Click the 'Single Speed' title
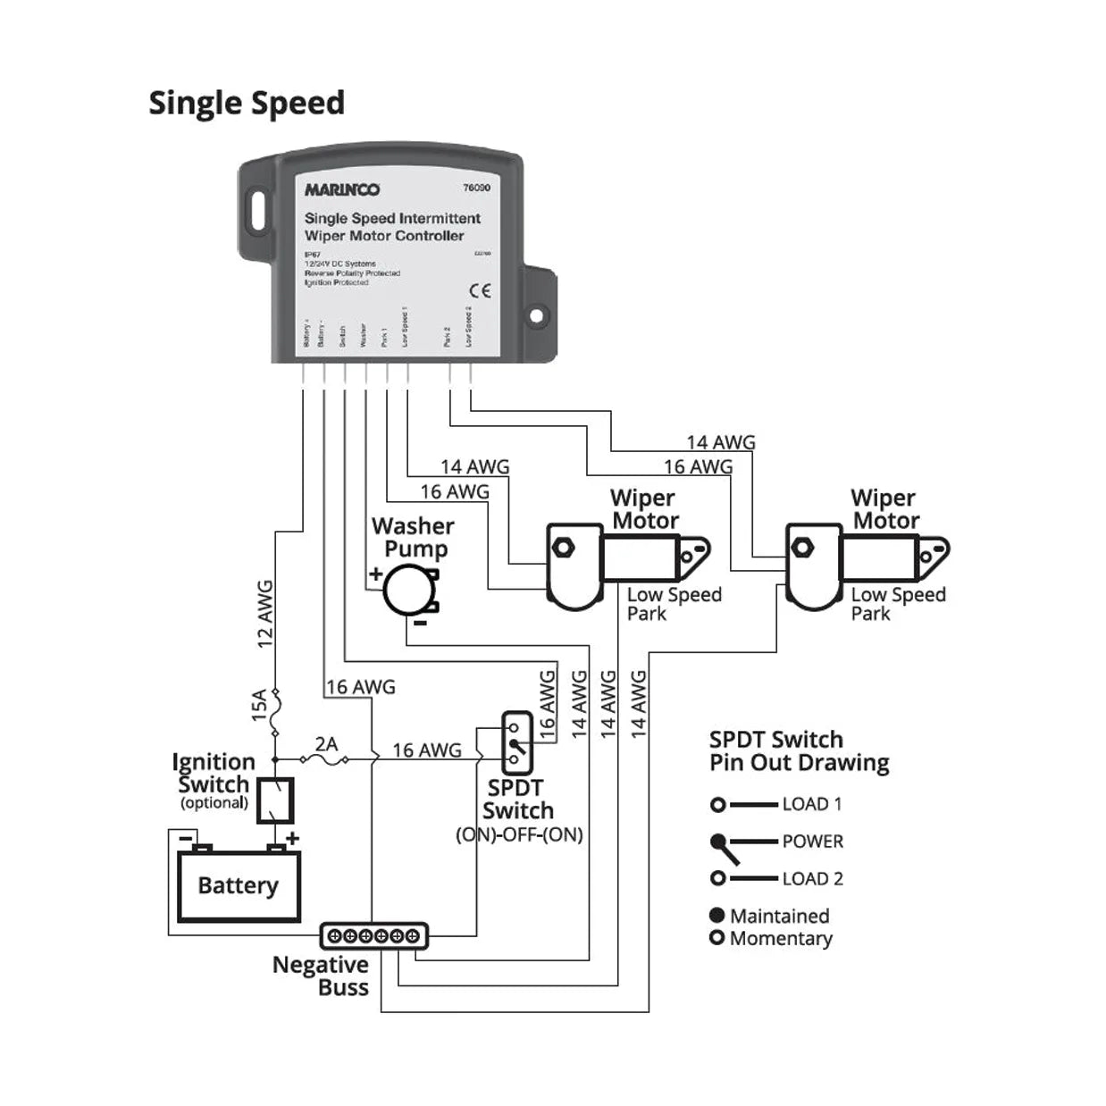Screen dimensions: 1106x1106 click(247, 103)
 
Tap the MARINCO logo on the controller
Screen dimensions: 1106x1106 click(342, 189)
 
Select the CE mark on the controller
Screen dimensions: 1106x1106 click(480, 291)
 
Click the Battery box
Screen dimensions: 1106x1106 click(239, 885)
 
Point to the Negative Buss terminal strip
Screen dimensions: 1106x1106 click(373, 935)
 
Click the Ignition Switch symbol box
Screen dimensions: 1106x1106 click(275, 800)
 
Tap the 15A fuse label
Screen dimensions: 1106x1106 click(259, 705)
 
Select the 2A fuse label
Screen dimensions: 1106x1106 click(326, 743)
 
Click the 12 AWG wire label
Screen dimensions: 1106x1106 click(264, 614)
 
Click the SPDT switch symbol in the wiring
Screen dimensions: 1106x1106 click(516, 742)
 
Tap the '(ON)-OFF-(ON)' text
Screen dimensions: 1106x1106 click(519, 834)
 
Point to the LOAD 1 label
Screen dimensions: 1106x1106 click(811, 804)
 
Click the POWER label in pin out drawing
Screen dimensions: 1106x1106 click(812, 842)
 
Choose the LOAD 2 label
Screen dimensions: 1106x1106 click(812, 879)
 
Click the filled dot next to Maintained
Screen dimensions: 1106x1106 click(716, 915)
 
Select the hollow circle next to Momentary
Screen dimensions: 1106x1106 click(716, 938)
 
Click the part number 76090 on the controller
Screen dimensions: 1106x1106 click(476, 188)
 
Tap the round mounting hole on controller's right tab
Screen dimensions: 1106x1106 click(536, 315)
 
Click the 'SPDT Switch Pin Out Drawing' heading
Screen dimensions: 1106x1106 click(799, 751)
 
